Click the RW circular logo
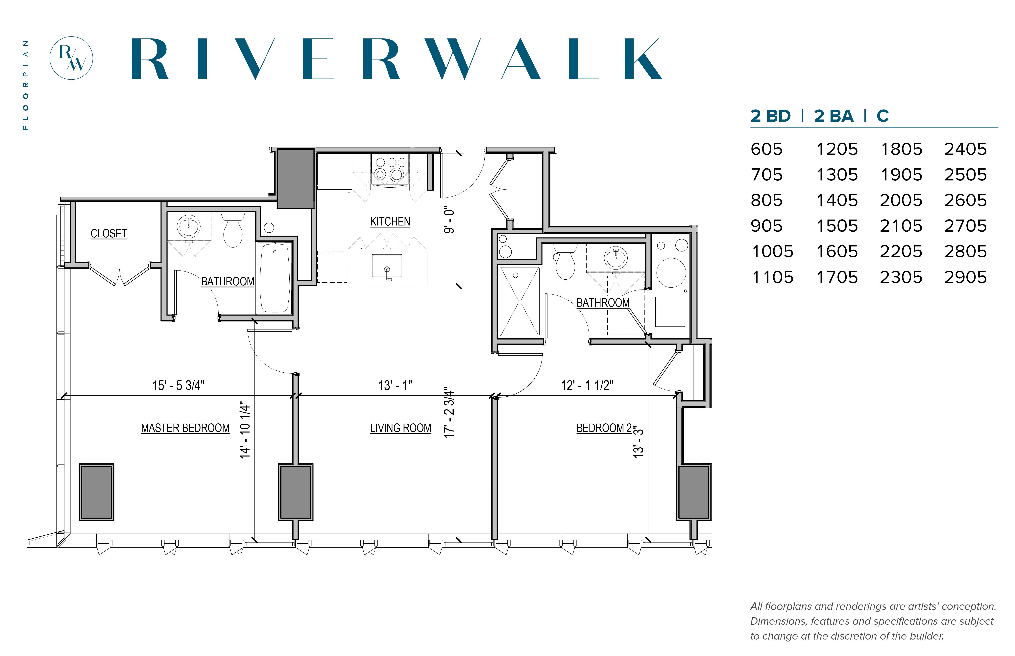71,58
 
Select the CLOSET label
109,233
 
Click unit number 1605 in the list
837,251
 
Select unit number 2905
965,277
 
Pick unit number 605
767,149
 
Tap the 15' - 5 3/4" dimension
179,386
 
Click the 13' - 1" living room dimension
395,386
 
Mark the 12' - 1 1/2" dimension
587,386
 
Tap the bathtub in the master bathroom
275,278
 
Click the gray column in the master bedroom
96,492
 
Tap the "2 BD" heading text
770,116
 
